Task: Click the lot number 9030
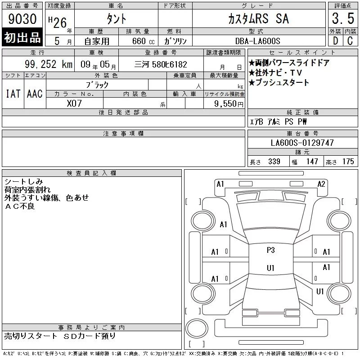point(22,18)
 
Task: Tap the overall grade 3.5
point(343,18)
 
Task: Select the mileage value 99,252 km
point(49,64)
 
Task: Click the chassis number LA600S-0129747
point(302,143)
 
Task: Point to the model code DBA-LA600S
point(257,41)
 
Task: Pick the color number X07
point(74,103)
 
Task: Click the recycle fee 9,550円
point(229,104)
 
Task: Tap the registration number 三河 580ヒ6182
point(161,64)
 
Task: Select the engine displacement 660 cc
point(144,41)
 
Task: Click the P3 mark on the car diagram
point(271,250)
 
